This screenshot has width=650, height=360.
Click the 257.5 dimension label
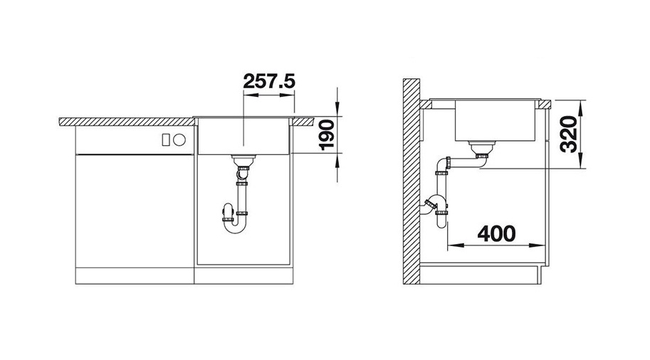[269, 81]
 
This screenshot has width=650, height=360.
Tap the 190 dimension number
[327, 134]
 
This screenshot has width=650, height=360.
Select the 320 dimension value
[568, 134]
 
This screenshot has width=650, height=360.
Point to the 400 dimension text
[496, 234]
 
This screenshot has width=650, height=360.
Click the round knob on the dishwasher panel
[179, 140]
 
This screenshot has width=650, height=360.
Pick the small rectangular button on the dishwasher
[165, 139]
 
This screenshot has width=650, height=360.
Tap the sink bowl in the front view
[243, 136]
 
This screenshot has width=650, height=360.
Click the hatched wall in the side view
[412, 181]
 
